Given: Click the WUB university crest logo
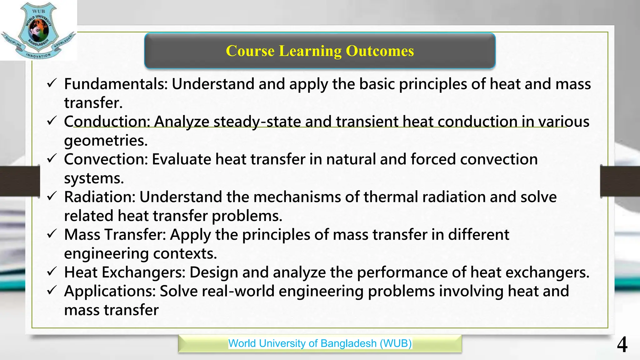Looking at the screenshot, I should coord(38,30).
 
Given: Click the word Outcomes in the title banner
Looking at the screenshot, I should coord(380,51).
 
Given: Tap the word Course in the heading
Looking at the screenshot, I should coord(250,51).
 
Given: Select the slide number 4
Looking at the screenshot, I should coord(622,345).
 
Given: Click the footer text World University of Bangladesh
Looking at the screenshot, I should coord(320,343).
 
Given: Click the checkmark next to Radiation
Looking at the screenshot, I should coord(52,196).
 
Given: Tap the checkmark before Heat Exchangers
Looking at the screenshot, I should coord(52,272).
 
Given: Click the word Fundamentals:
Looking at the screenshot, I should coord(116,84).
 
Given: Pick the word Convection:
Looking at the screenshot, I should coord(106,159).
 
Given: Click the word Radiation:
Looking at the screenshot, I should coord(100,197).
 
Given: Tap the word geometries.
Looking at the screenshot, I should coord(106,141).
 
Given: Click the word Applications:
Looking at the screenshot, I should coord(110,291).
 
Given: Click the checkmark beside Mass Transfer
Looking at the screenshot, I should coord(52,234).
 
